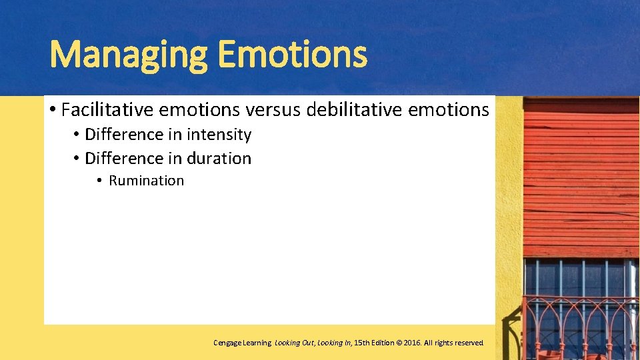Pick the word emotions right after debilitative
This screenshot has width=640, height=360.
click(448, 109)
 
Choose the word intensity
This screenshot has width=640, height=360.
click(219, 135)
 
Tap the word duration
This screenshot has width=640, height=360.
click(219, 159)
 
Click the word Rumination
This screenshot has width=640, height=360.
click(146, 181)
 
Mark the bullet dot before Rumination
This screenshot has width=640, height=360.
click(98, 181)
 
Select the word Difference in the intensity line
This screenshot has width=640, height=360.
click(124, 135)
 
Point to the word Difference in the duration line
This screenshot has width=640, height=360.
click(124, 159)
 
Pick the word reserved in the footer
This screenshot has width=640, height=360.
click(469, 343)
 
